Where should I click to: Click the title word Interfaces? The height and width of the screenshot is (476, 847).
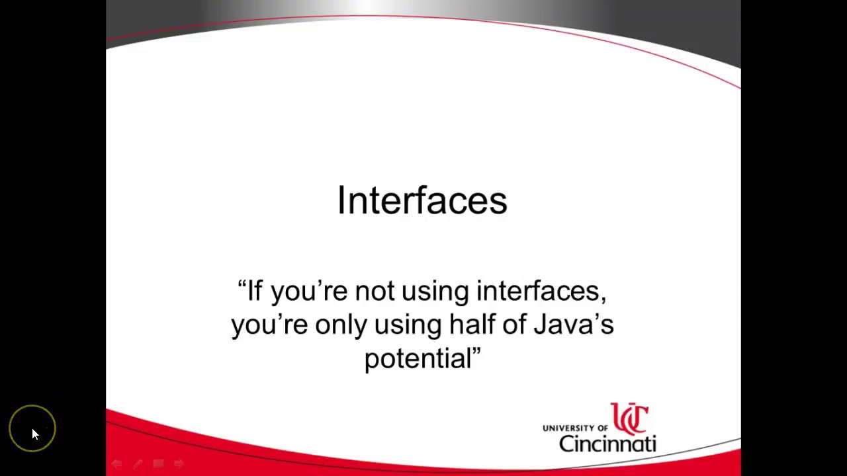(422, 200)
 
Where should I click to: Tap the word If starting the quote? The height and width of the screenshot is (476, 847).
(255, 291)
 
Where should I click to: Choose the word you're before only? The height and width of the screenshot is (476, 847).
(269, 325)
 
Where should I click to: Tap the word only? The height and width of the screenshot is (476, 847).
(340, 325)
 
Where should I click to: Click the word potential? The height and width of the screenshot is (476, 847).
(417, 360)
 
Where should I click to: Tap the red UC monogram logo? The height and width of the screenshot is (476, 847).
(629, 418)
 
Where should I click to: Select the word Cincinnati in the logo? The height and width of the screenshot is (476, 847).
(607, 442)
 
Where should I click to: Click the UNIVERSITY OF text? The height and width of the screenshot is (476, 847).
(575, 428)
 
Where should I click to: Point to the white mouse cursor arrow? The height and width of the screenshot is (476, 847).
(34, 433)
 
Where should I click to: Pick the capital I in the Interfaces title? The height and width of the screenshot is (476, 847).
(341, 200)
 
